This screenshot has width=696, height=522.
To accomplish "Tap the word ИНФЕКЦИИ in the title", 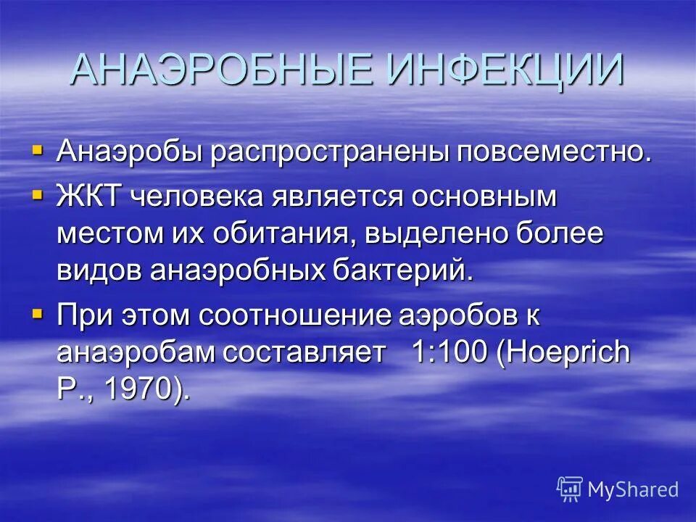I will pos(505,70).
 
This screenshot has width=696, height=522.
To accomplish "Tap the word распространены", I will pos(330,153).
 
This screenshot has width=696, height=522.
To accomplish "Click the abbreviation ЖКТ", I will pos(92,196).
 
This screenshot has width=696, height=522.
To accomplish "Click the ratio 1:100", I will pos(449,353).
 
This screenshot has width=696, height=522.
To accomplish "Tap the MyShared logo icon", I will pos(569,489).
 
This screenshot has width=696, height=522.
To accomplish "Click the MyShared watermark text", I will pos(633,490).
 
